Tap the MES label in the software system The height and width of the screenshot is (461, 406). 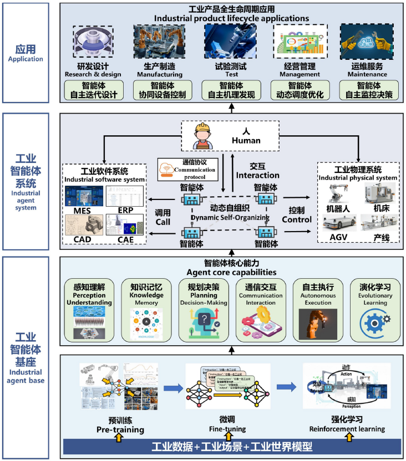(78, 210)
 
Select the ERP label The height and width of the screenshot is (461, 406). (126, 210)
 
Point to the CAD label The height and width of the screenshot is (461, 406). (78, 239)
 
